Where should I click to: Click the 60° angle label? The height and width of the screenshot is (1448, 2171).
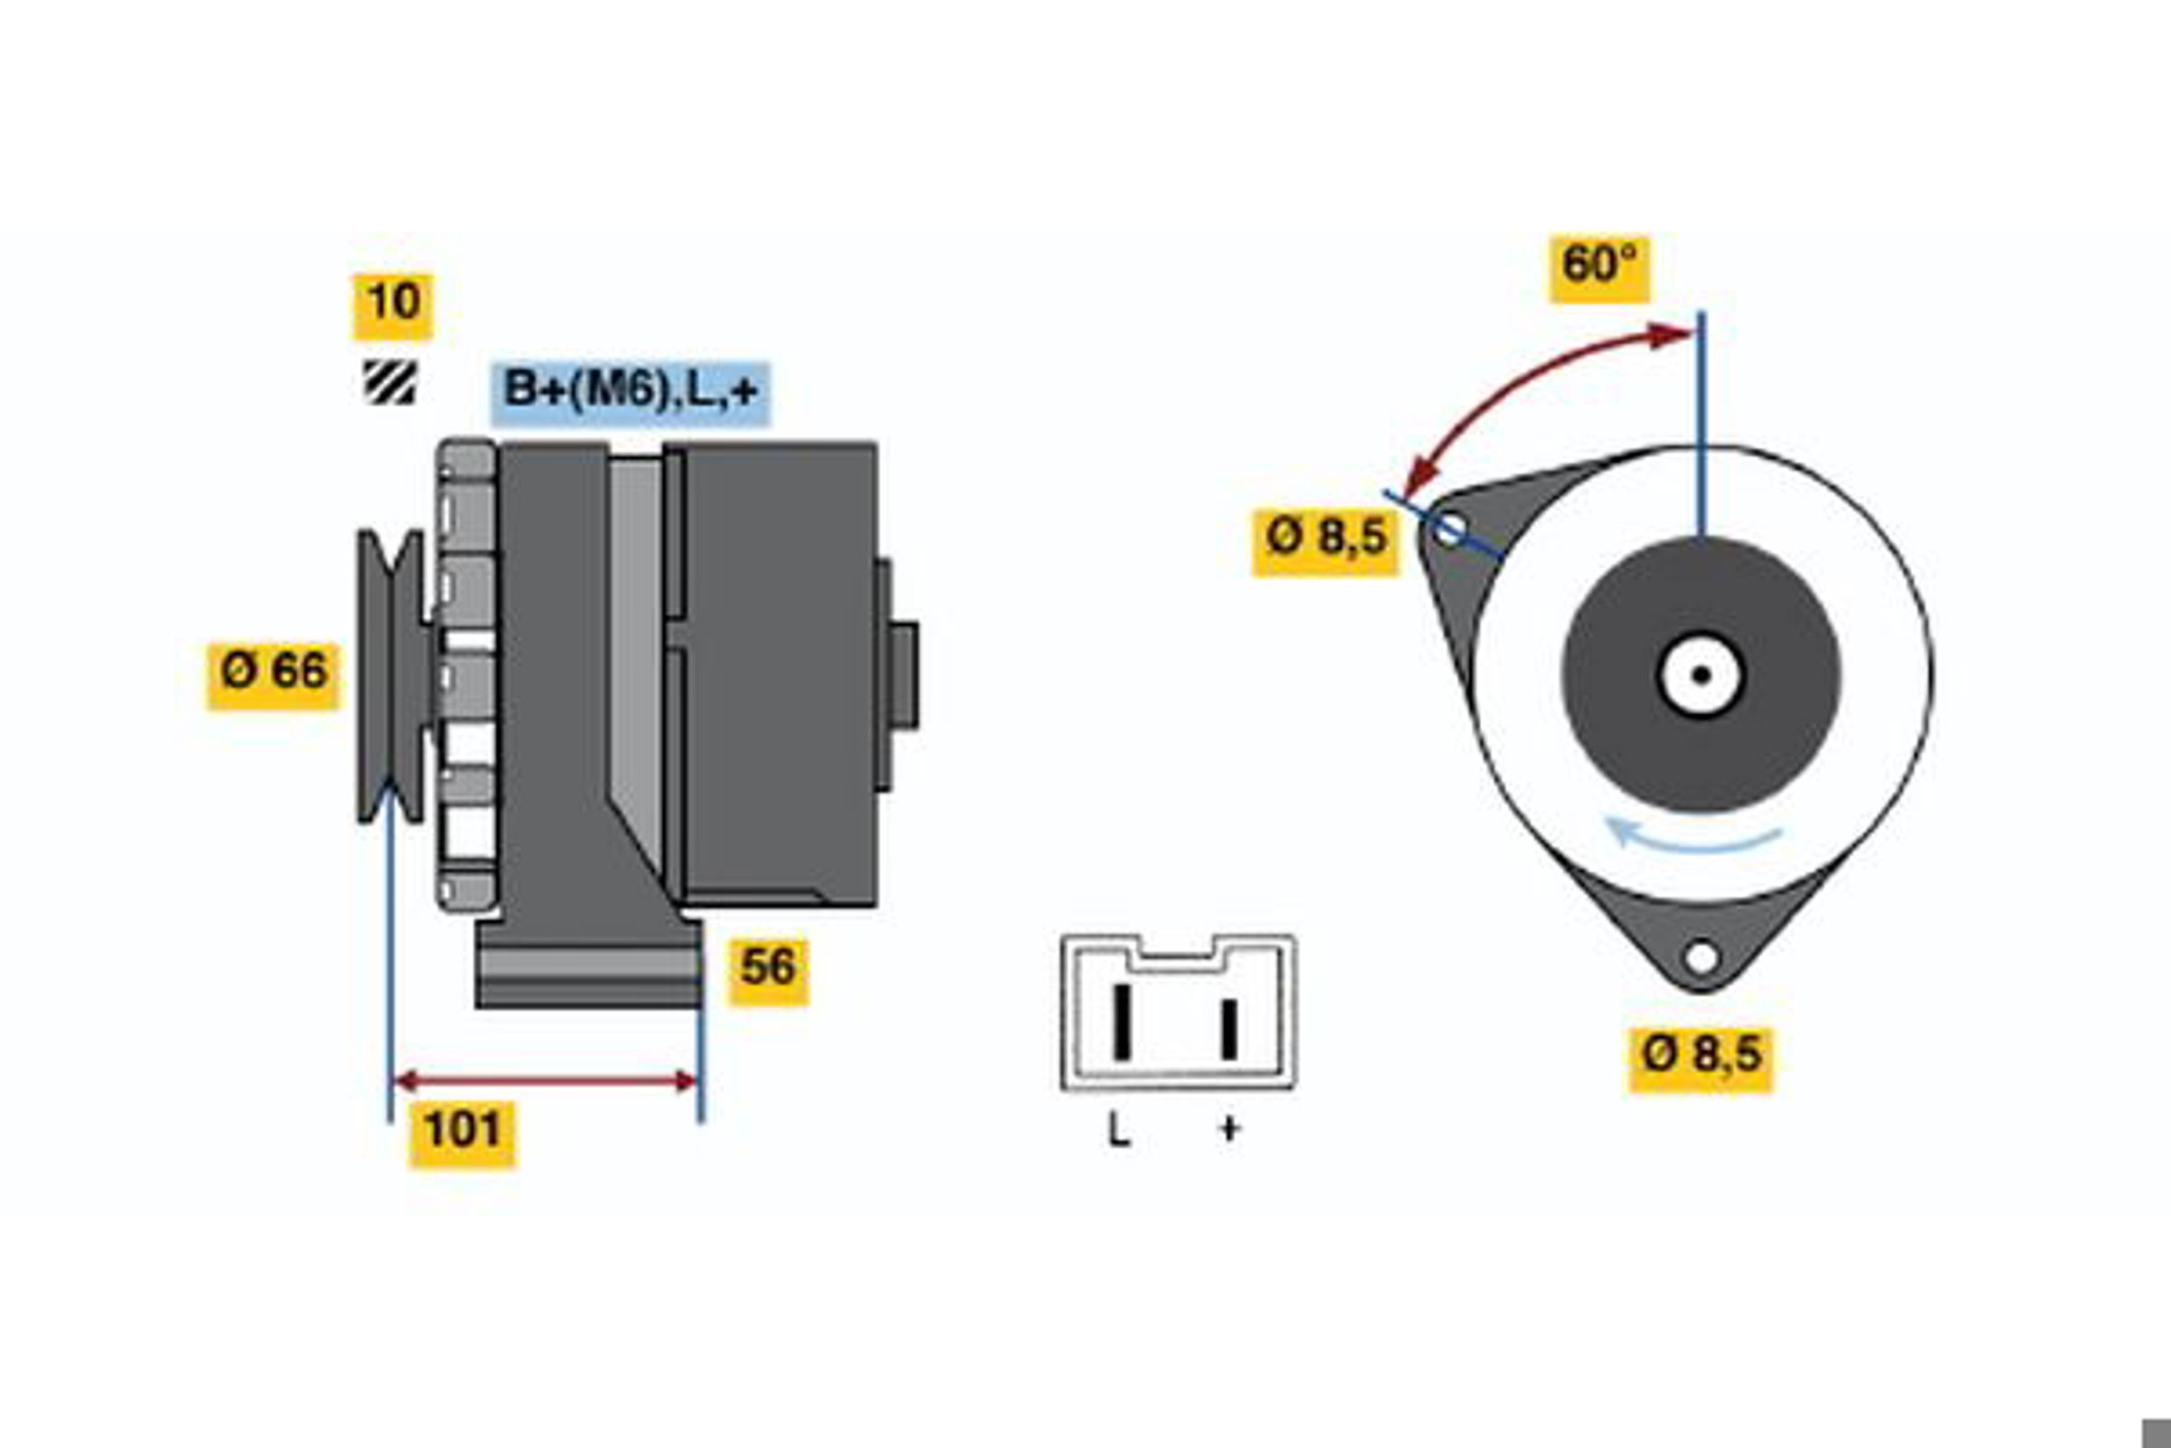[1598, 270]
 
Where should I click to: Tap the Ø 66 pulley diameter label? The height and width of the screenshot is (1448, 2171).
[273, 676]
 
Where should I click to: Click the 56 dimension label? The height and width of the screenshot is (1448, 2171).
[768, 972]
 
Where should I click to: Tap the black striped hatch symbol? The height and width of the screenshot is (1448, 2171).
[390, 382]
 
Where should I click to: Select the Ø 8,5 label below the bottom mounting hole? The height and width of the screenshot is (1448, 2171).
[1701, 1060]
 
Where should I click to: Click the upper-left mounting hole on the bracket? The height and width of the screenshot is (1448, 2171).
[1448, 530]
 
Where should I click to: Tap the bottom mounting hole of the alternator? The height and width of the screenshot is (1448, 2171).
[1702, 957]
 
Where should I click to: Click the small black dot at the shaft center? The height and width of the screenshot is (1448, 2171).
[1702, 675]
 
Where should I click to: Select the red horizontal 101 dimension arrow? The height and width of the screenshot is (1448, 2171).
[545, 1081]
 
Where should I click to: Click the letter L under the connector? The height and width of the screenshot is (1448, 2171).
[1118, 1129]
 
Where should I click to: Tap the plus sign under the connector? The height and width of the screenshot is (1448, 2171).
[1228, 1129]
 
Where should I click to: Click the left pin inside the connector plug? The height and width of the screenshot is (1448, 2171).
[1122, 1023]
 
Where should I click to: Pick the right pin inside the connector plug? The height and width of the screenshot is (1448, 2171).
[1228, 1029]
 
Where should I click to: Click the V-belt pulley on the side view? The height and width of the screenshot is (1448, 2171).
[392, 676]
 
